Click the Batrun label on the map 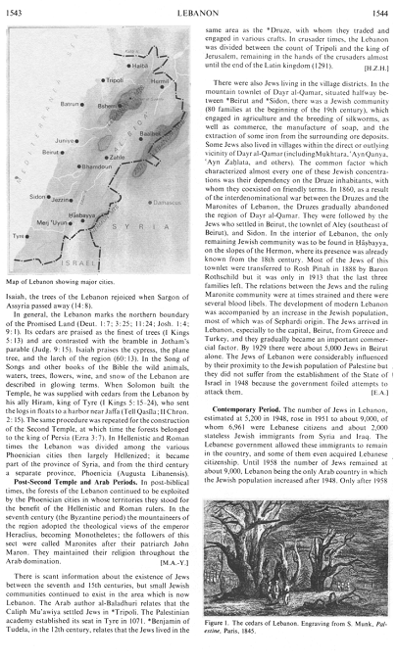click(x=52, y=101)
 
